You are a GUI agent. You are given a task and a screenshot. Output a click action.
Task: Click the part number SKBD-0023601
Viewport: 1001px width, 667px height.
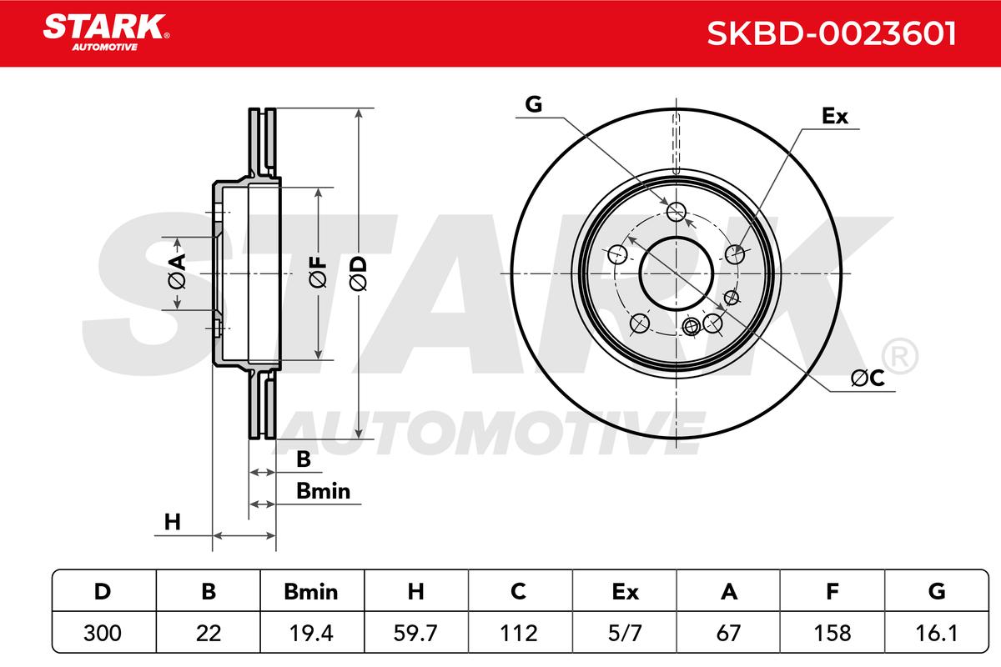831,33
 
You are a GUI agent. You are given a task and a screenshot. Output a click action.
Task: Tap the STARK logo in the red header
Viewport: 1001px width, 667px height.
106,33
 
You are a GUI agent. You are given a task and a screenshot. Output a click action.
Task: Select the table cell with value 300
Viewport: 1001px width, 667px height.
103,633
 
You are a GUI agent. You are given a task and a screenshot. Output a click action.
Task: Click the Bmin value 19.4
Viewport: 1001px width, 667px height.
311,633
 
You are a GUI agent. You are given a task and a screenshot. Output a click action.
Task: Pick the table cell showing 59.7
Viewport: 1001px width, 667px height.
415,633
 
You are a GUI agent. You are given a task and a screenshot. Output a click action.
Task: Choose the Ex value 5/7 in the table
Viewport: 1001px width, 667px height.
625,633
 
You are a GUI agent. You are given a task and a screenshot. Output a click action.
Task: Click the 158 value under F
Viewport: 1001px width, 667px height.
832,633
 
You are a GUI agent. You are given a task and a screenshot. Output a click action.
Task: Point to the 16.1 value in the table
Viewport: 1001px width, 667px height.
936,633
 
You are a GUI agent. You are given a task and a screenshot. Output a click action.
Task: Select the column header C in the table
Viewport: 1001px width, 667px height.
518,591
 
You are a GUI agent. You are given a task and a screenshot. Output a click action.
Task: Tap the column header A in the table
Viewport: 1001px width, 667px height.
729,591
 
